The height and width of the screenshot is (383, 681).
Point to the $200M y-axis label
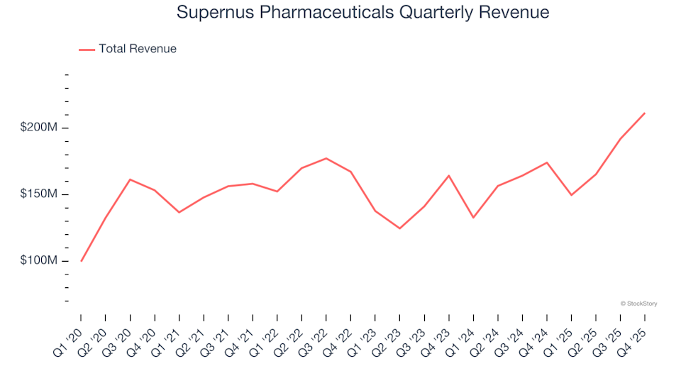[39, 128]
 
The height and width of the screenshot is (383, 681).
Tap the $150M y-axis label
[39, 194]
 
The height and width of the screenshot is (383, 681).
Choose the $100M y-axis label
[39, 261]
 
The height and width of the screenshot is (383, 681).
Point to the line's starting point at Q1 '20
[81, 261]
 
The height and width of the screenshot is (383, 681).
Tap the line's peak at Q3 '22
[326, 158]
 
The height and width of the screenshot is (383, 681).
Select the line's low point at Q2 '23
[400, 228]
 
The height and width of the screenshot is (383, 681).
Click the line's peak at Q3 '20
[130, 179]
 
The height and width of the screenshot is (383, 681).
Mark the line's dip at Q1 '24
[473, 218]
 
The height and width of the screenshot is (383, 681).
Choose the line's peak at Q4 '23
[449, 175]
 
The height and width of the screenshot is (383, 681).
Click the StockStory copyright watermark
[638, 304]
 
